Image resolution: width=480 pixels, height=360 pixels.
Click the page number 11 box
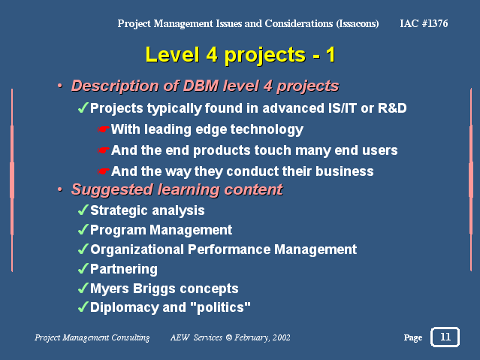[x=445, y=337]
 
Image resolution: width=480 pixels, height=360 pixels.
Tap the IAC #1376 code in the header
[x=424, y=23]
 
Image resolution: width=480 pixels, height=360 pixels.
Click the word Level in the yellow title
[x=172, y=55]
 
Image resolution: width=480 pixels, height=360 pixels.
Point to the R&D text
[x=392, y=108]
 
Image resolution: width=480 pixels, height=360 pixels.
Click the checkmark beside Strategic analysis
[x=83, y=210]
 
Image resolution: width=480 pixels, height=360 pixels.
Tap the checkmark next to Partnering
[x=83, y=268]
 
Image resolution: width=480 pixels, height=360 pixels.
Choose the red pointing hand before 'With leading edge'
[x=104, y=129]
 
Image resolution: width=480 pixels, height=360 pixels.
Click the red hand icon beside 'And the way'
[x=104, y=171]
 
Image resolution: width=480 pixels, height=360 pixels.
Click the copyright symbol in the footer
[x=228, y=337]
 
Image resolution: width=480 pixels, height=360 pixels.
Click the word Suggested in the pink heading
[x=112, y=189]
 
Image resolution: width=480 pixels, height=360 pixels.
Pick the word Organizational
[x=137, y=250]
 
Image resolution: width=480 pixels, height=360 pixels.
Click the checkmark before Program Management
[x=83, y=229]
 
